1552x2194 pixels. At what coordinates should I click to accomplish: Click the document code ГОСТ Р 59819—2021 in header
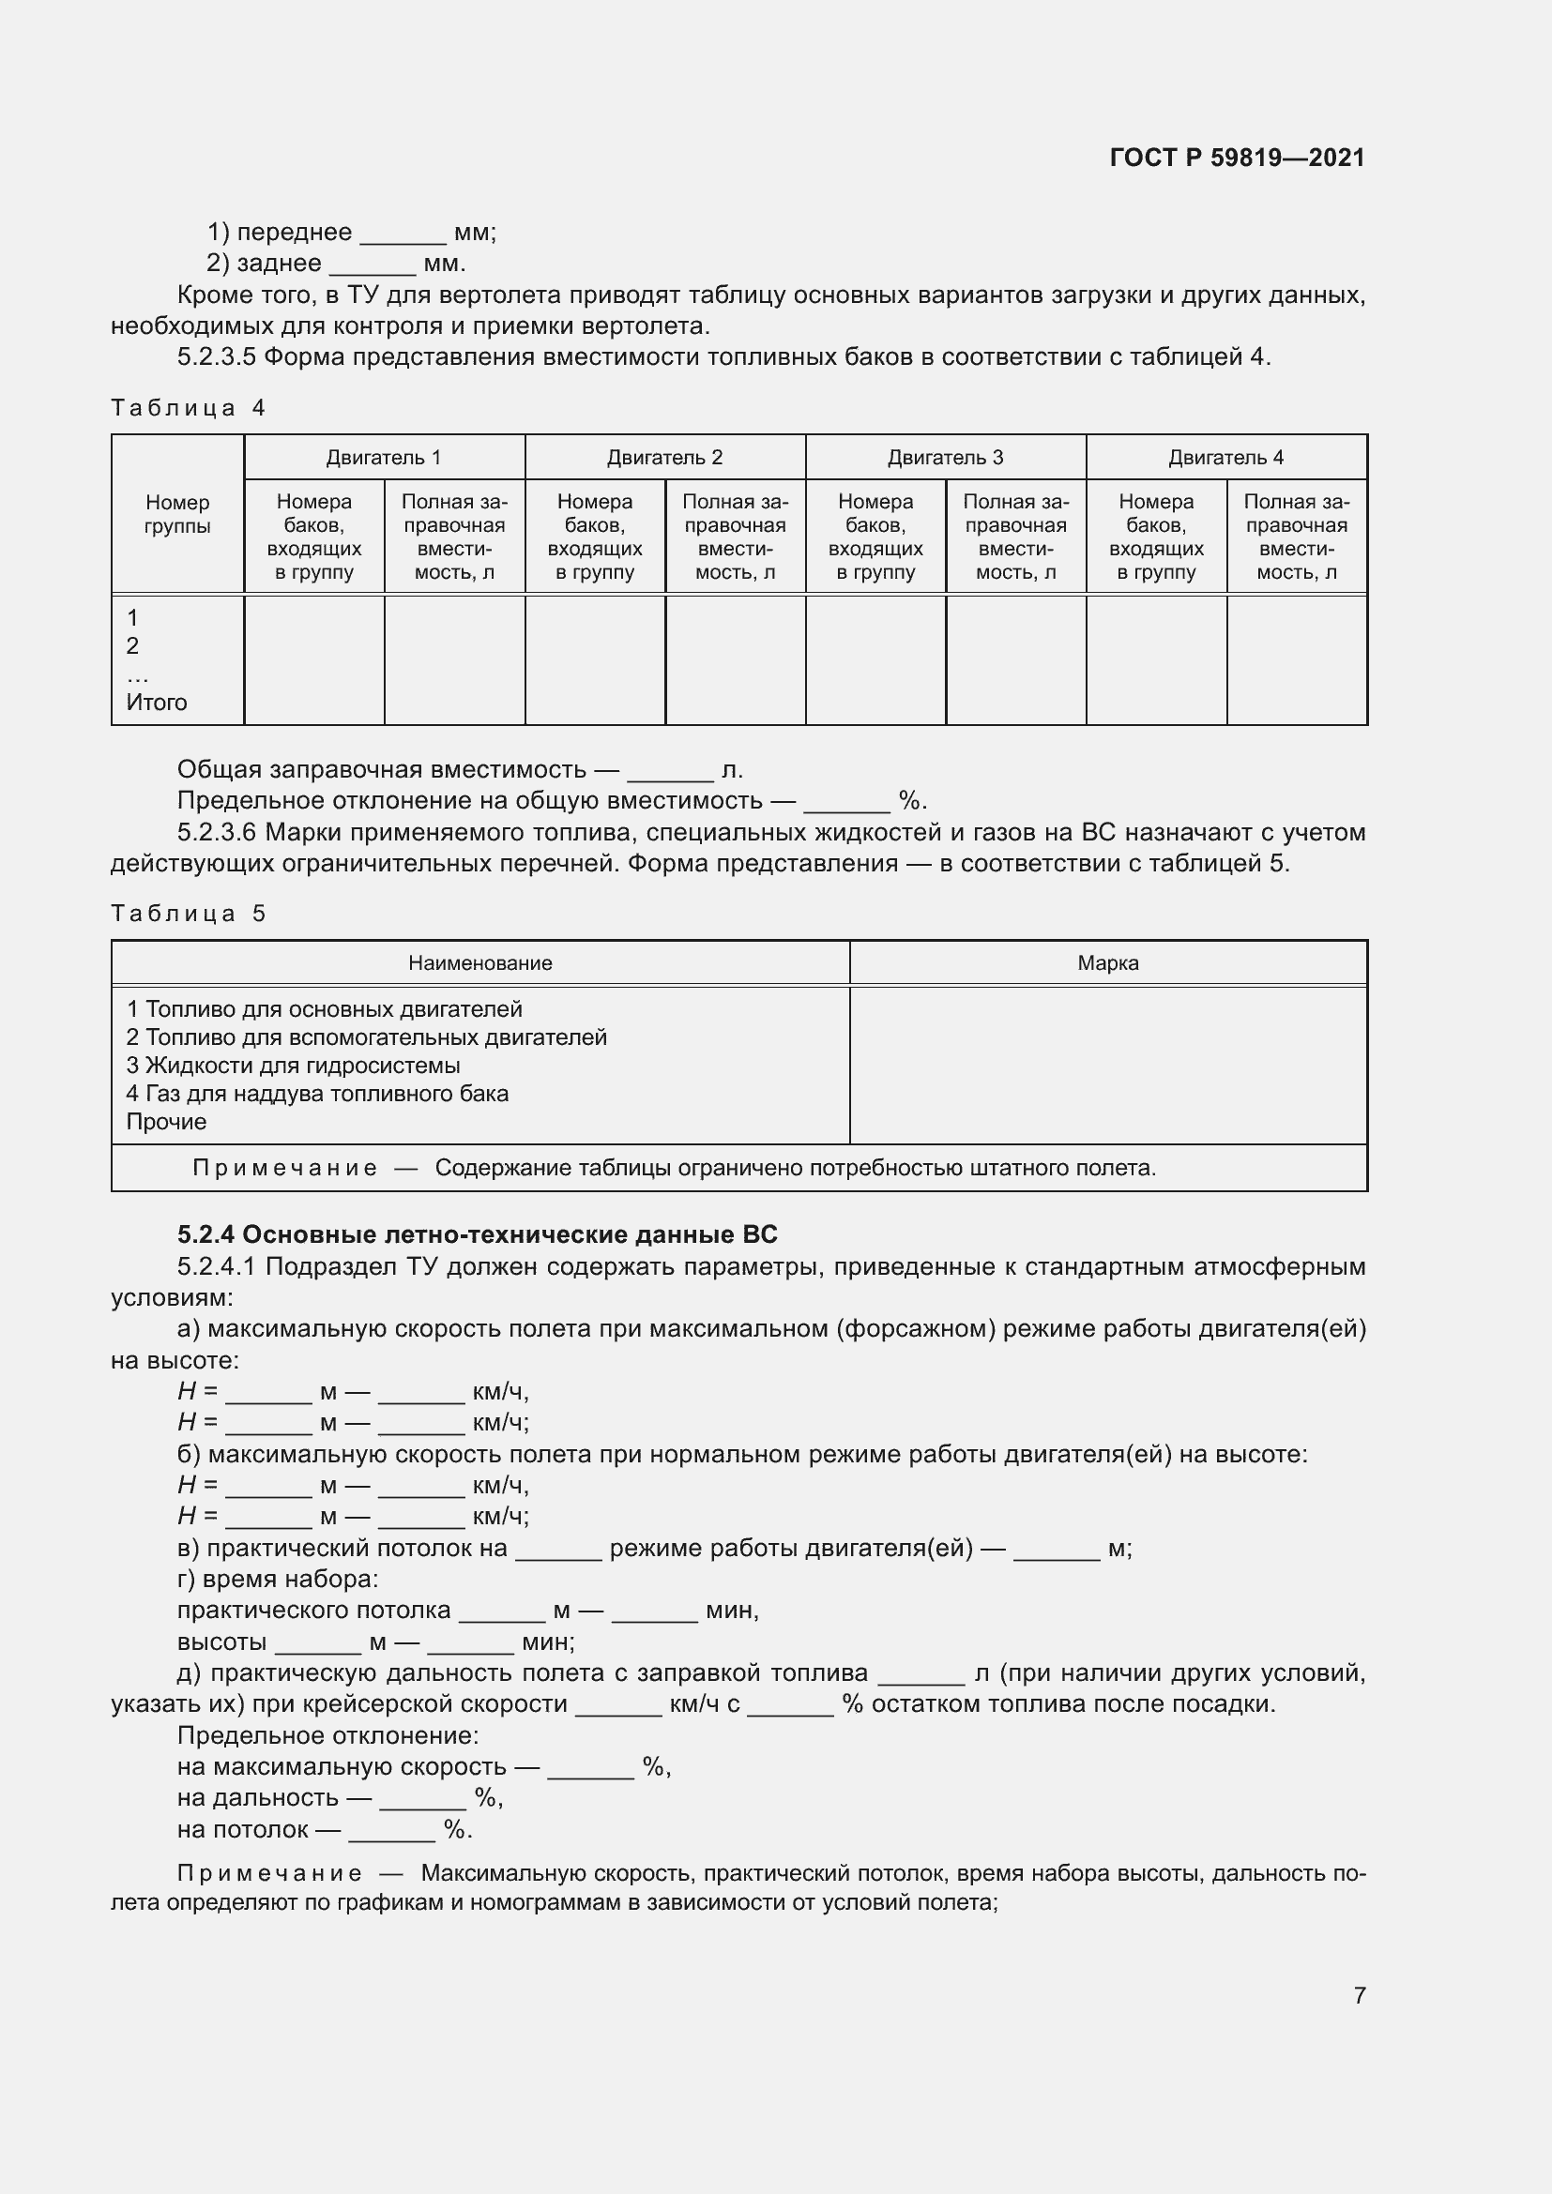click(x=1237, y=158)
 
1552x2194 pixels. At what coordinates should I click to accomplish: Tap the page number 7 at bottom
click(x=1359, y=1994)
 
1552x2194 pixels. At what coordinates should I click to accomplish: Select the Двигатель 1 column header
click(x=383, y=458)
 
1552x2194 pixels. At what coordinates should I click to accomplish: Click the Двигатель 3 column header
click(x=945, y=458)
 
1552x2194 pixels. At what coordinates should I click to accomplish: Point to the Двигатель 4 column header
click(x=1225, y=458)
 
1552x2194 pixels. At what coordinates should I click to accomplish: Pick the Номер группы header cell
click(x=176, y=514)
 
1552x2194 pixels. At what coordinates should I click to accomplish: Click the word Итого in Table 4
click(x=157, y=703)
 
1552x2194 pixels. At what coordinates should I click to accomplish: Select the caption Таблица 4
click(x=188, y=408)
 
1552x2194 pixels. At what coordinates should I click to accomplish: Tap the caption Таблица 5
click(x=188, y=914)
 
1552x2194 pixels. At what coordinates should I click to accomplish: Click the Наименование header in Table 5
click(x=479, y=963)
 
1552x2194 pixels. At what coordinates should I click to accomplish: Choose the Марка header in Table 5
click(x=1107, y=963)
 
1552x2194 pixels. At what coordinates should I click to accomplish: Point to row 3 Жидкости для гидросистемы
click(x=294, y=1066)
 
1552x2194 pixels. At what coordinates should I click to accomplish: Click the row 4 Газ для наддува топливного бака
click(x=317, y=1093)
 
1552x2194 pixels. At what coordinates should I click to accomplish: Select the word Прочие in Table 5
click(x=166, y=1122)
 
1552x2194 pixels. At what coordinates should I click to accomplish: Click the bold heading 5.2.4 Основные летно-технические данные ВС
click(x=477, y=1234)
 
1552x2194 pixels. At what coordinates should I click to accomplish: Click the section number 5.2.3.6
click(x=217, y=832)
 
